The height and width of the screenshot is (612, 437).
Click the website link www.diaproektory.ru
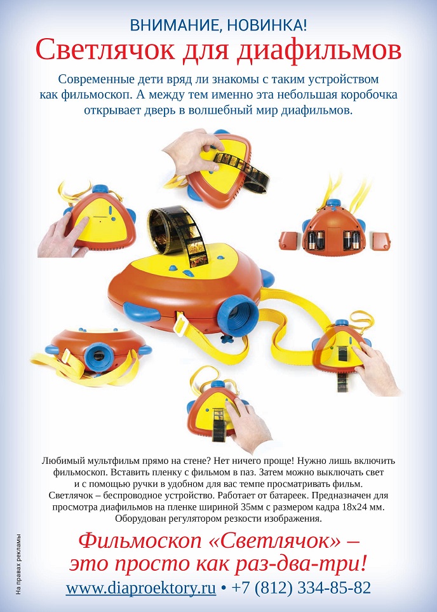(141, 588)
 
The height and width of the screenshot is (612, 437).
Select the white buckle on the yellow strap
(180, 323)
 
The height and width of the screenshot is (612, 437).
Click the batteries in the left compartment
(316, 240)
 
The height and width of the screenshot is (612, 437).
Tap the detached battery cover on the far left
(289, 240)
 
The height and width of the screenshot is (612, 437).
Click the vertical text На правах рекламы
(18, 564)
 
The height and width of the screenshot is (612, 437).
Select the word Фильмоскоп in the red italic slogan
(140, 541)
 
